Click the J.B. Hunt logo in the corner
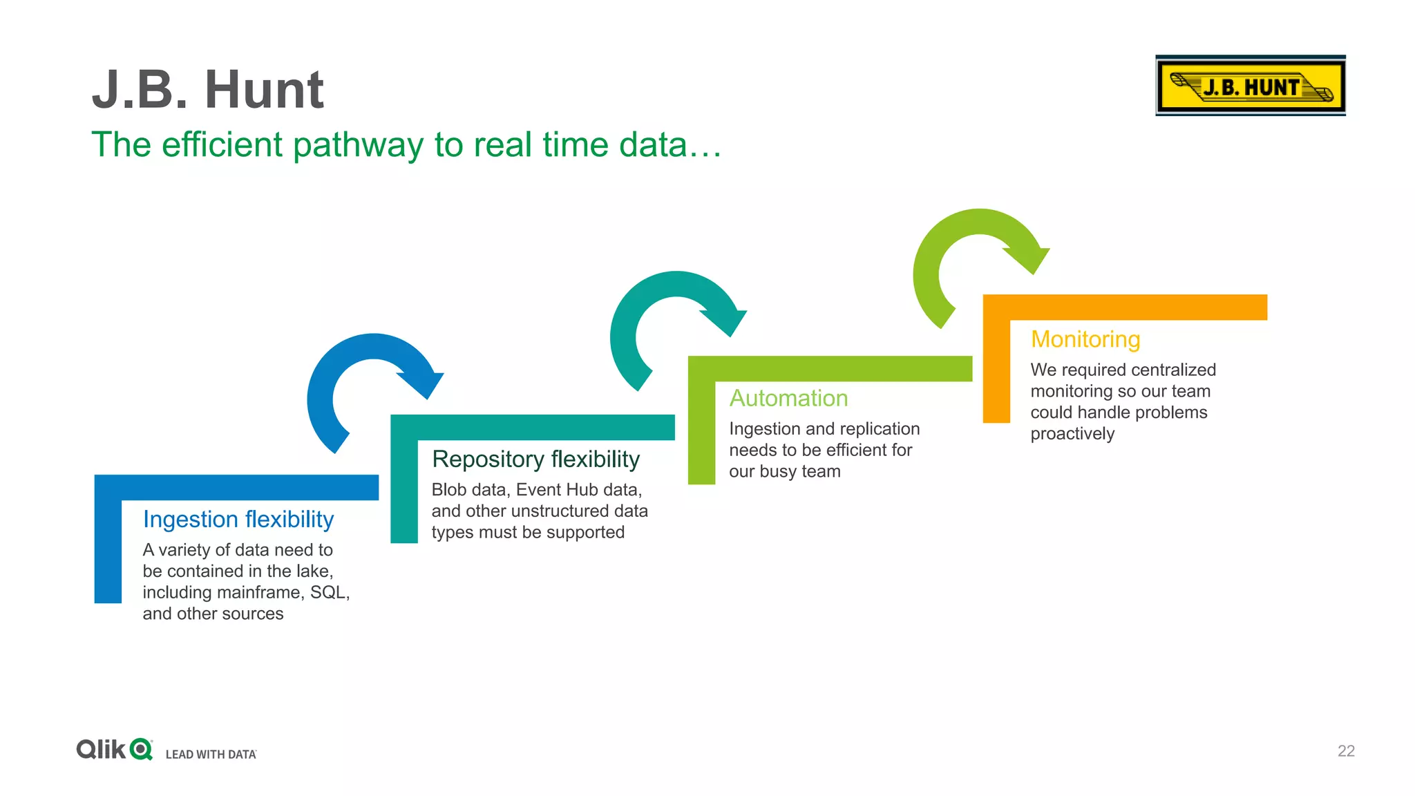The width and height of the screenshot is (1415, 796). click(x=1250, y=86)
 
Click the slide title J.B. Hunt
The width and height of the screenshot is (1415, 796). click(x=207, y=90)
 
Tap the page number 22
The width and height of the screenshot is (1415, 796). click(x=1346, y=751)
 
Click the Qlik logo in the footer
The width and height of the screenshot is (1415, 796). click(x=114, y=749)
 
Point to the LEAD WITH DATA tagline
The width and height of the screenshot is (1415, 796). click(x=211, y=755)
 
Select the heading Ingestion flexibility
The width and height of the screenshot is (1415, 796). click(x=238, y=520)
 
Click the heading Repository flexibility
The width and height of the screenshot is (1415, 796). click(x=535, y=459)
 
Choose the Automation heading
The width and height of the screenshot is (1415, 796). click(x=788, y=399)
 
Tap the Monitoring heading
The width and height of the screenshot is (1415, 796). click(x=1085, y=339)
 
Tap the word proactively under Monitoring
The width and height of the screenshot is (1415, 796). click(x=1072, y=434)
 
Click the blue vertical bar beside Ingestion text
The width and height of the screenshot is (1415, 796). click(x=108, y=546)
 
